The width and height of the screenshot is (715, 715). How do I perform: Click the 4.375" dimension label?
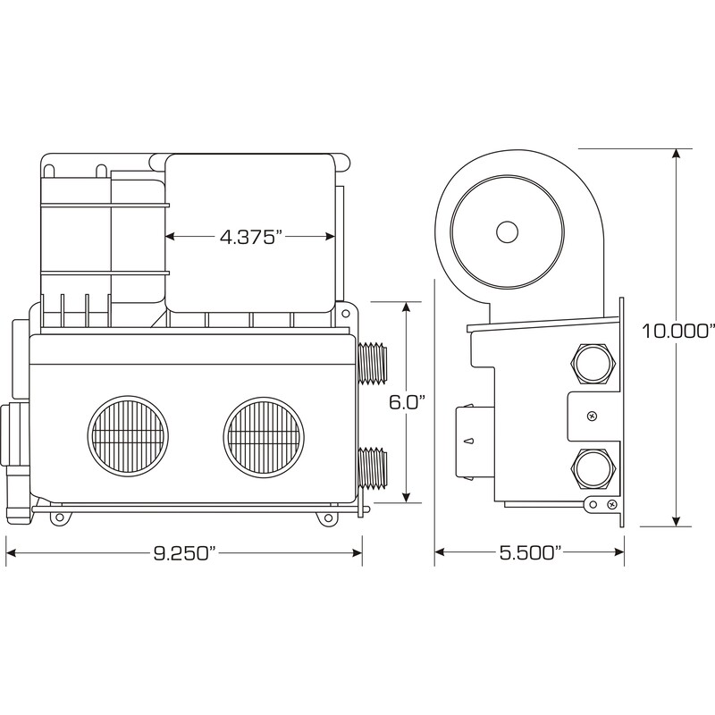click(x=248, y=237)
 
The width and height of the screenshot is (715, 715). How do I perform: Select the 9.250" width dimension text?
click(x=184, y=553)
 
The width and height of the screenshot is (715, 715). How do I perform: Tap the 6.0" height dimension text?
click(x=407, y=402)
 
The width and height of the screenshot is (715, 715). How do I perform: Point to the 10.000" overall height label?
click(x=677, y=331)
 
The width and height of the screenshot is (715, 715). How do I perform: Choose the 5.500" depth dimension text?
click(x=530, y=552)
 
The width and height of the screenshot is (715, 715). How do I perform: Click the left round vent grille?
click(x=128, y=434)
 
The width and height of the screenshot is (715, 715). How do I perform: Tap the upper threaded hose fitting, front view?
click(x=373, y=365)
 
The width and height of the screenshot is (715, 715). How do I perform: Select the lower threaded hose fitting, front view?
click(x=373, y=468)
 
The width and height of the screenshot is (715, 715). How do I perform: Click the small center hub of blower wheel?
click(x=507, y=232)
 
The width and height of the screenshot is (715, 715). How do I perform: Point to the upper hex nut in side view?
click(x=593, y=365)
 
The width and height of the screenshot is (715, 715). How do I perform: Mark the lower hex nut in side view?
click(x=593, y=469)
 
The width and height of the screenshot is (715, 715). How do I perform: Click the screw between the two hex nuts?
click(x=592, y=416)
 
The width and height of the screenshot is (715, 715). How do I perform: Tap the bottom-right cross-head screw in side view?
click(x=612, y=504)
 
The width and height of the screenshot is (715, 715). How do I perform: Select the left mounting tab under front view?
click(x=59, y=518)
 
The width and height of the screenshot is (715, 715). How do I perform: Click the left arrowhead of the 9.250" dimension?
click(x=11, y=553)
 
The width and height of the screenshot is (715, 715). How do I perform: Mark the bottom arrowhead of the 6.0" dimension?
click(x=407, y=497)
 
